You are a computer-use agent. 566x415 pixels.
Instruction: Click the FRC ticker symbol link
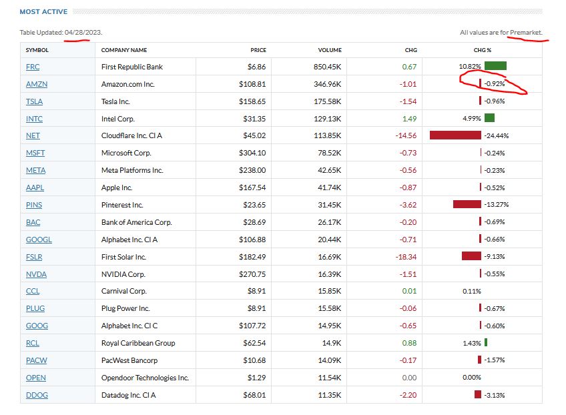pyautogui.click(x=33, y=67)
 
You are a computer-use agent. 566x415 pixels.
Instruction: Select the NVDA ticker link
pyautogui.click(x=36, y=274)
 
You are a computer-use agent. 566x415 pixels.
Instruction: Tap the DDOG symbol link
pyautogui.click(x=37, y=395)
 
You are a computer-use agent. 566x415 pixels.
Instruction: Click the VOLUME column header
pyautogui.click(x=330, y=50)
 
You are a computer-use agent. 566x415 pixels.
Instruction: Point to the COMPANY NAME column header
pyautogui.click(x=124, y=50)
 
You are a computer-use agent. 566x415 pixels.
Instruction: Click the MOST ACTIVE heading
pyautogui.click(x=43, y=12)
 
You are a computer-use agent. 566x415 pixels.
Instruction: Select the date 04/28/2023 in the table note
pyautogui.click(x=83, y=33)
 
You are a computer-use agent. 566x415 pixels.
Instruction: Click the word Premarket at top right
pyautogui.click(x=525, y=33)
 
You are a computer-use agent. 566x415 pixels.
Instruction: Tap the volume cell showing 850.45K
pyautogui.click(x=326, y=67)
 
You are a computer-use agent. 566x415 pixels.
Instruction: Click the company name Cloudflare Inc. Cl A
pyautogui.click(x=132, y=136)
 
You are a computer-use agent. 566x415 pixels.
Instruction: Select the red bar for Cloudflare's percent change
pyautogui.click(x=455, y=135)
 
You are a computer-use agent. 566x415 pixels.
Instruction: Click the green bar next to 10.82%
pyautogui.click(x=495, y=66)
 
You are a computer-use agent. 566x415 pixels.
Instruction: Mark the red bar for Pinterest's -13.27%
pyautogui.click(x=467, y=204)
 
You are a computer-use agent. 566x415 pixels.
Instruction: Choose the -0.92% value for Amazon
pyautogui.click(x=494, y=84)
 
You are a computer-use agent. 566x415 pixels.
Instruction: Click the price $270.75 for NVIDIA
pyautogui.click(x=252, y=274)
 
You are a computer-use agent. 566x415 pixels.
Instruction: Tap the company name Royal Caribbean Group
pyautogui.click(x=138, y=343)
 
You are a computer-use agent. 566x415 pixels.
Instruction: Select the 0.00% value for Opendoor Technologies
pyautogui.click(x=472, y=378)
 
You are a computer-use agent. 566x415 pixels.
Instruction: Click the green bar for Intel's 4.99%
pyautogui.click(x=489, y=118)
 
